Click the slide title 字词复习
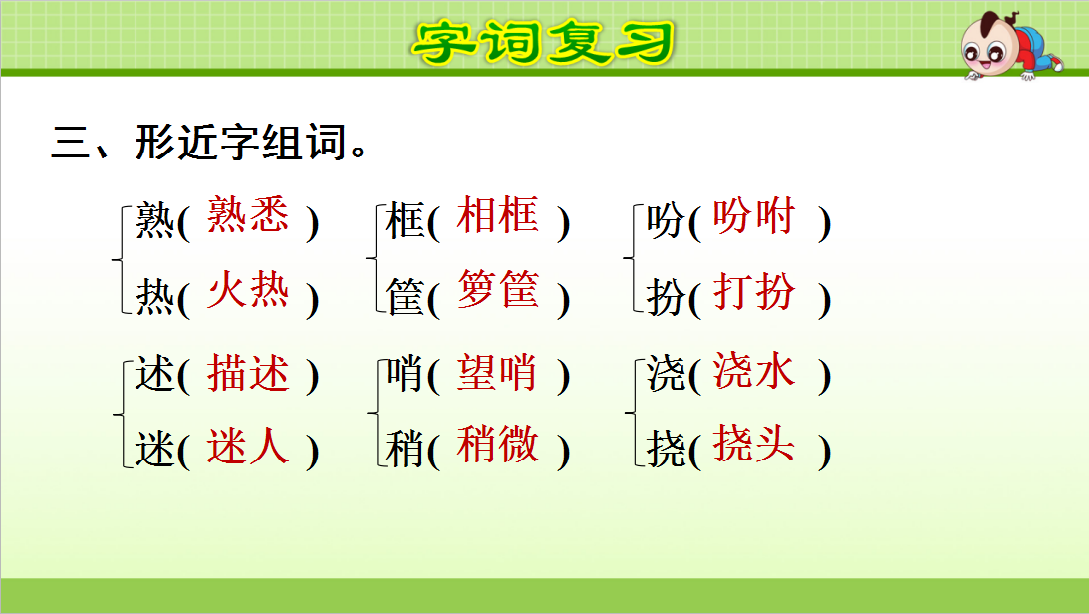(x=544, y=41)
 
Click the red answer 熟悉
(x=248, y=216)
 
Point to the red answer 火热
(x=248, y=292)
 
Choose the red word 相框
(x=497, y=216)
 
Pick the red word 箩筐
(x=497, y=292)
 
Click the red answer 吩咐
(x=754, y=216)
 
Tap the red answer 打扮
(x=754, y=292)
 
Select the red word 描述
(x=248, y=373)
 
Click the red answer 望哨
(x=497, y=373)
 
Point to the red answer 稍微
(x=497, y=446)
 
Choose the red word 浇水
(x=754, y=372)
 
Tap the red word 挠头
(x=754, y=446)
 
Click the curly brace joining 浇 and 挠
(x=631, y=412)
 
